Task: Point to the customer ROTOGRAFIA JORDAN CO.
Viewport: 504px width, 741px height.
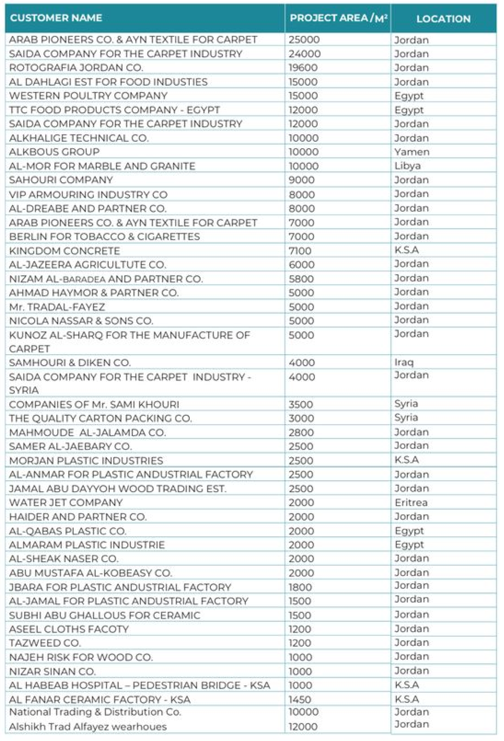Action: click(76, 68)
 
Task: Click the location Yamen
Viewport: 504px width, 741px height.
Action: click(412, 152)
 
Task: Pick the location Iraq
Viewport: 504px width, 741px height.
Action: click(404, 362)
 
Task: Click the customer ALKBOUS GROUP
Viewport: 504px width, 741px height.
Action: click(54, 152)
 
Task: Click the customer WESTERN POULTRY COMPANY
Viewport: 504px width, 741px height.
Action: click(88, 96)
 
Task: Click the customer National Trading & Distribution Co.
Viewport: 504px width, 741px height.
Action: click(95, 712)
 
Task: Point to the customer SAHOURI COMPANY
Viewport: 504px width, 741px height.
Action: click(61, 180)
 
